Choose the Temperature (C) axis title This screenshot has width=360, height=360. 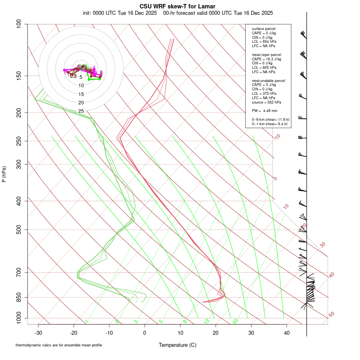178,345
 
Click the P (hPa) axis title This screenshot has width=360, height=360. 4,174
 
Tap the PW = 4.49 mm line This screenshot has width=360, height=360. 265,111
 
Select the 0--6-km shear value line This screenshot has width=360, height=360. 270,119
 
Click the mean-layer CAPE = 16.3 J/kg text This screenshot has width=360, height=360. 266,59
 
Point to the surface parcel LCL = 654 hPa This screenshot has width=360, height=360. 264,42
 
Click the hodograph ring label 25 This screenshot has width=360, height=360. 81,111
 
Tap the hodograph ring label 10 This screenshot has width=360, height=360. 81,86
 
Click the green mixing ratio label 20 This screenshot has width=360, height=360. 236,321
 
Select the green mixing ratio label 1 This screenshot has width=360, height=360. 87,322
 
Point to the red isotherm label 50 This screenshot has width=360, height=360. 331,315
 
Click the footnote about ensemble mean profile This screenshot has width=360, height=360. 59,345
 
